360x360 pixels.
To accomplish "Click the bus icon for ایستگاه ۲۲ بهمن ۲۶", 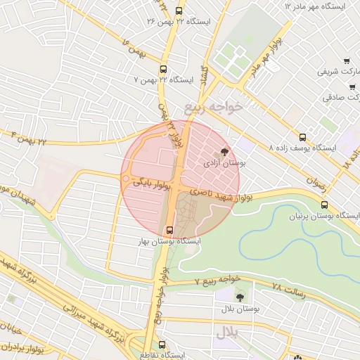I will tap(179, 11).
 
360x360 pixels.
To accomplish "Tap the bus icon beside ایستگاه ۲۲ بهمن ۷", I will tap(164, 69).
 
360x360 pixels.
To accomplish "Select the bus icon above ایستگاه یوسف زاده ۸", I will tap(303, 136).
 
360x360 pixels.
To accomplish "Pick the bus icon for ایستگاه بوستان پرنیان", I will tap(323, 205).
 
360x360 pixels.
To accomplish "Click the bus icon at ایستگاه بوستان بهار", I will tap(169, 229).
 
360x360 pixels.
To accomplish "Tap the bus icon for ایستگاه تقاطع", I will tap(163, 345).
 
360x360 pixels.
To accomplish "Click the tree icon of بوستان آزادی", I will tap(224, 150).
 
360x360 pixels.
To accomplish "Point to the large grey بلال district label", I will tap(228, 333).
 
